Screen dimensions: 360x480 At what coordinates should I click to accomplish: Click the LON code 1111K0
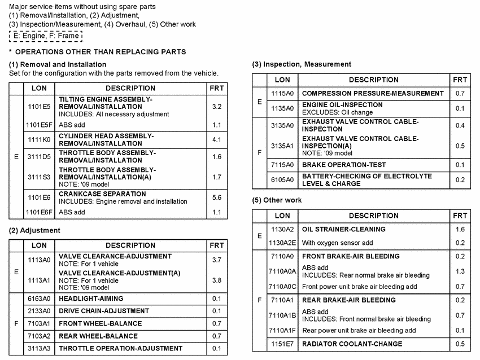coord(39,139)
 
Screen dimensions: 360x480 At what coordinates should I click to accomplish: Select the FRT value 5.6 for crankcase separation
coord(217,197)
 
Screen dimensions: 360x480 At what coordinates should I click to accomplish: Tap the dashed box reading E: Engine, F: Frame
coord(46,36)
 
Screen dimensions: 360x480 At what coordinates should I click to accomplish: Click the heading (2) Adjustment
coord(35,230)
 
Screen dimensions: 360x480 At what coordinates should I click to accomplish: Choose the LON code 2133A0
coord(39,311)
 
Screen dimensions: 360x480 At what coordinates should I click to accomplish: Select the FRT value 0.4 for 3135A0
coord(460,125)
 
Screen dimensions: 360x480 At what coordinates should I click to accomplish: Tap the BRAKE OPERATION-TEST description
coord(344,165)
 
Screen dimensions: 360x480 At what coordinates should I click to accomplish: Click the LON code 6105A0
coord(282,180)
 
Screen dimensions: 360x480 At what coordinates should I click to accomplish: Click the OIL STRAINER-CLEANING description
coord(344,230)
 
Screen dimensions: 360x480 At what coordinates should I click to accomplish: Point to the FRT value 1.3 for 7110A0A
coord(460,271)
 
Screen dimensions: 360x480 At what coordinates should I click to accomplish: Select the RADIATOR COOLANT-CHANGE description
coord(352,344)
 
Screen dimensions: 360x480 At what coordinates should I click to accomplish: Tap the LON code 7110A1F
coord(282,330)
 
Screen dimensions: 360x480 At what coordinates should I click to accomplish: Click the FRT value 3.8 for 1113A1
coord(217,280)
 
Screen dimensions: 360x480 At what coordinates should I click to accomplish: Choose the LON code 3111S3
coord(39,177)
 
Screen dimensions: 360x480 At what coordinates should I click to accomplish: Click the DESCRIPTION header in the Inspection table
coord(373,80)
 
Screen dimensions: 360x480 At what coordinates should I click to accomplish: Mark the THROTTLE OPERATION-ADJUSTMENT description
coord(112,348)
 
